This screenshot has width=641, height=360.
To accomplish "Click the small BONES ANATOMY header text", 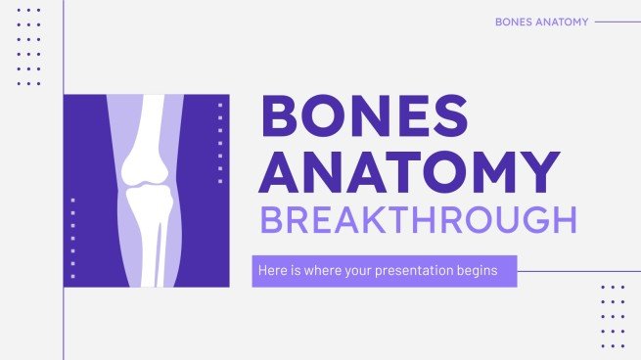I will click(542, 21).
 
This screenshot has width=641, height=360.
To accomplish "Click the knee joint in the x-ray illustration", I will click(146, 180).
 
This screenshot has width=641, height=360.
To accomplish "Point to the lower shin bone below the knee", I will click(146, 245).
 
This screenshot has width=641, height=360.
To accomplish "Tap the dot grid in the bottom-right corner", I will click(612, 316).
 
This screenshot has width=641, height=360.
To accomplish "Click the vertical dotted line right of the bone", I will click(220, 127).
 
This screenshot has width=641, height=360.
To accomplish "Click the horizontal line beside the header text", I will click(617, 21).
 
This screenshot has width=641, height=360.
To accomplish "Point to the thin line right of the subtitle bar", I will click(577, 271).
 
